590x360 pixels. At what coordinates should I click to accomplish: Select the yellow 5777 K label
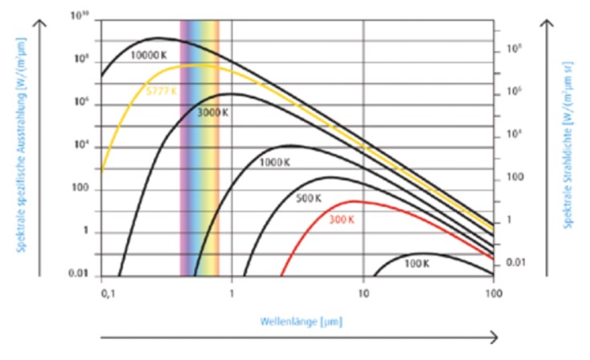(164, 91)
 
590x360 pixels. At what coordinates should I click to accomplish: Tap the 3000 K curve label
(214, 113)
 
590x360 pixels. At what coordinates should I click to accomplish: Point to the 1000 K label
(274, 162)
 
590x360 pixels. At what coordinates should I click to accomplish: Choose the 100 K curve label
(417, 263)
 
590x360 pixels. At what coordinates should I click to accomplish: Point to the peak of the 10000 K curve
(158, 38)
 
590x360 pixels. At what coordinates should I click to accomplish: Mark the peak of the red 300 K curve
(354, 201)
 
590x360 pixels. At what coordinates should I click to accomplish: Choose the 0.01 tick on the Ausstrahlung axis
(79, 275)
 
